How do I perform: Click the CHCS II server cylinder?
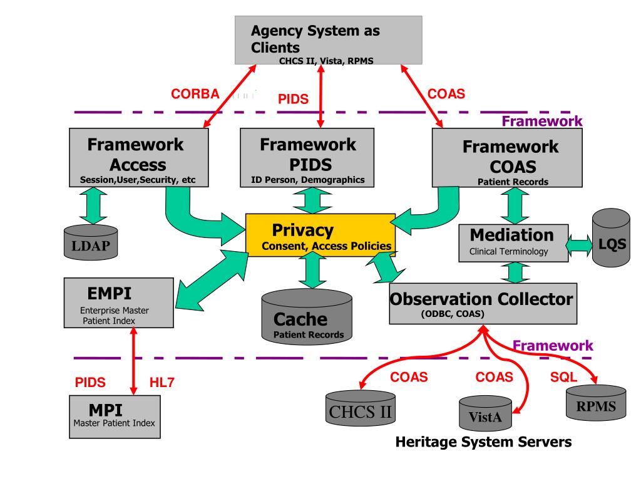pos(361,411)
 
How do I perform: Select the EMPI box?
pos(119,303)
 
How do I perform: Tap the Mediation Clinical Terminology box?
pos(512,242)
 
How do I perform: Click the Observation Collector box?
pos(482,303)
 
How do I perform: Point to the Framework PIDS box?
pos(307,157)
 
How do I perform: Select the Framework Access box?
pos(138,157)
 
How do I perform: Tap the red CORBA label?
pos(195,95)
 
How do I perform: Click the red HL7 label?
pos(162,383)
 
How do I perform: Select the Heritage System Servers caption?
pos(484,442)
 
